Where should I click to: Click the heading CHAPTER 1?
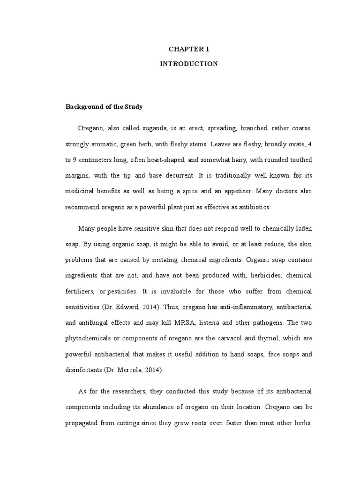pyautogui.click(x=189, y=49)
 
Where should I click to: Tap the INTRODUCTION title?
pyautogui.click(x=189, y=64)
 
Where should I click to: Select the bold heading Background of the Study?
pyautogui.click(x=104, y=107)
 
